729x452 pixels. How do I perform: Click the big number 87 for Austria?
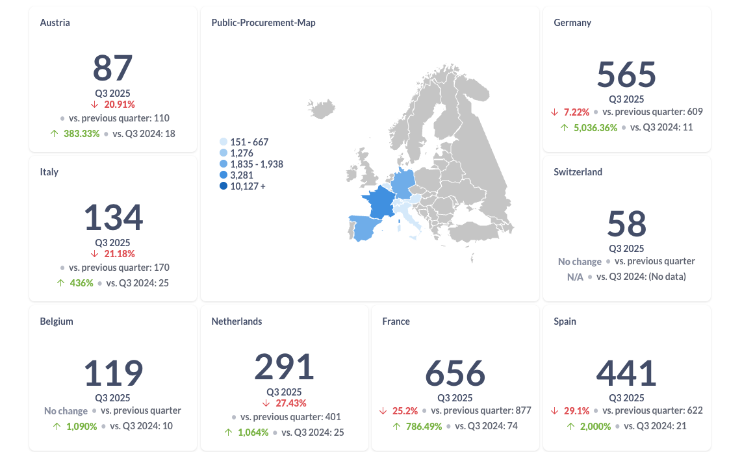112,68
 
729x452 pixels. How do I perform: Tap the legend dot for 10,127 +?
224,186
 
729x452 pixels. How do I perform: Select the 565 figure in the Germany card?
626,75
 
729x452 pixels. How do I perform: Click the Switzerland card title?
578,172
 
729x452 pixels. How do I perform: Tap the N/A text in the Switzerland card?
576,277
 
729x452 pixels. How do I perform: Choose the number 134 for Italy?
112,218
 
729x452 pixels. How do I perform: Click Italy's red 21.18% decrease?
120,253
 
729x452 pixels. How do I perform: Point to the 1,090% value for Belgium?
81,426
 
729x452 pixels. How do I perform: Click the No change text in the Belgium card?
66,410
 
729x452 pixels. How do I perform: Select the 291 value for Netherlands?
284,367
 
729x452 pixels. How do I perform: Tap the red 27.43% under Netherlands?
290,403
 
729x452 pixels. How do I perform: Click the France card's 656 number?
455,373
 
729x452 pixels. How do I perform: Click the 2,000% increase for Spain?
595,426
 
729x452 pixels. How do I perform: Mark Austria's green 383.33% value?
81,134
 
